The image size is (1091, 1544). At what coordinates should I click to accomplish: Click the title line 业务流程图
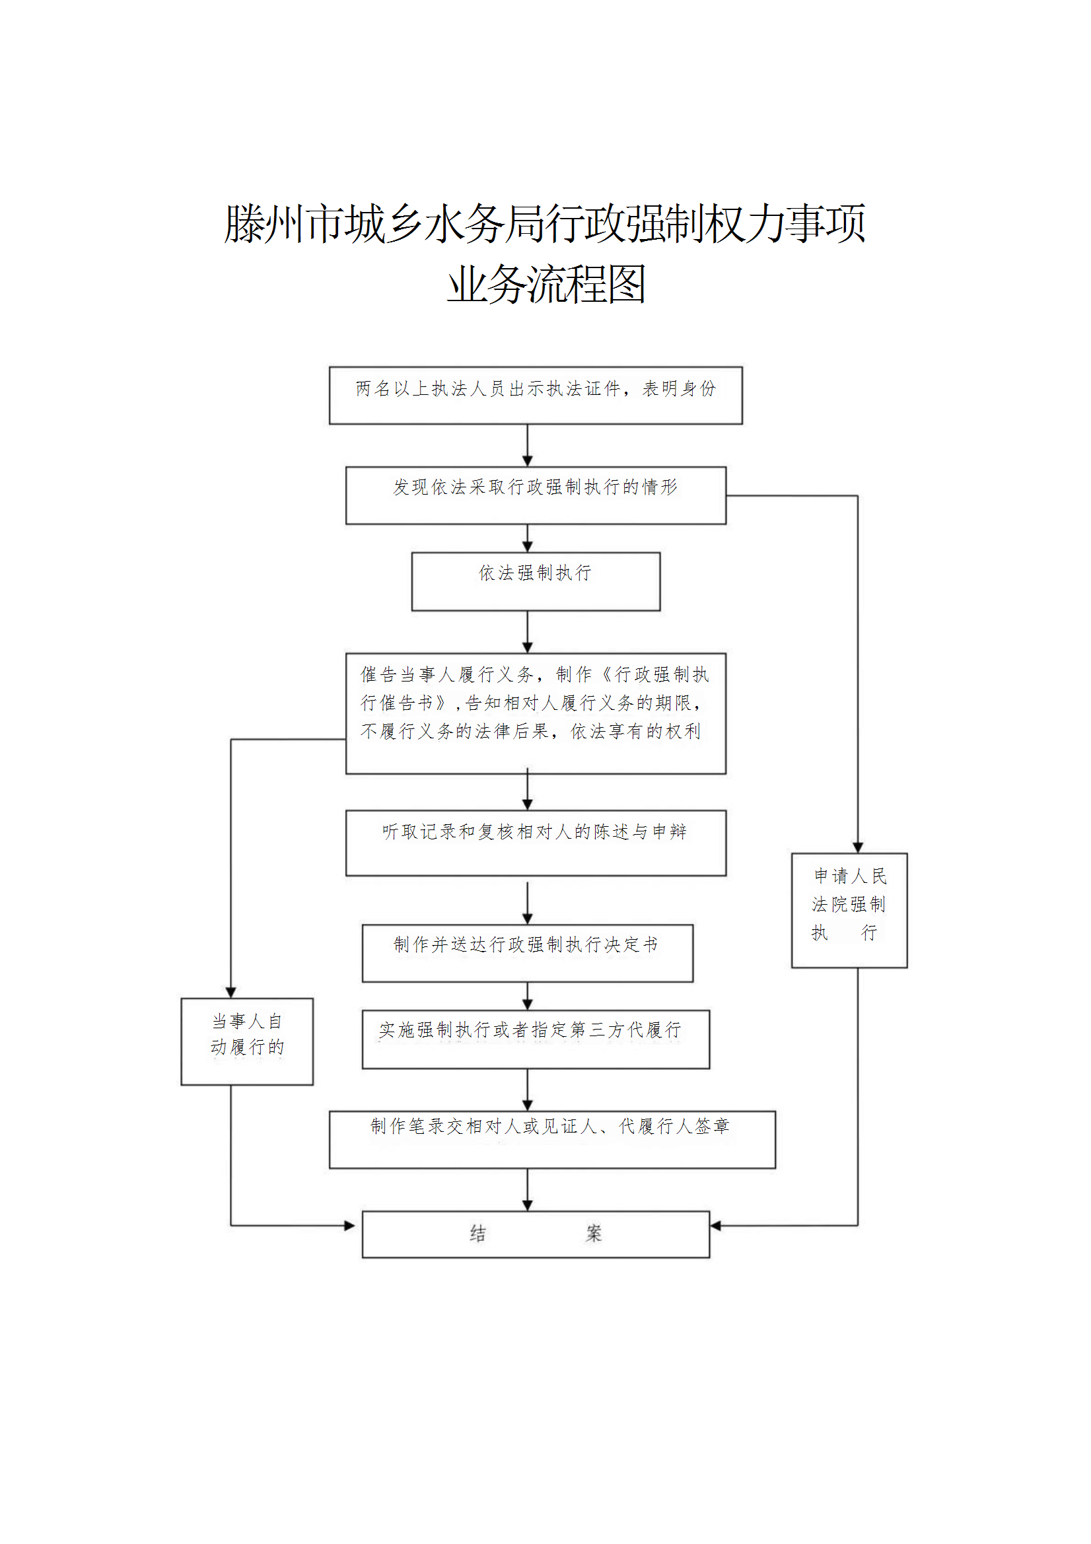click(x=545, y=285)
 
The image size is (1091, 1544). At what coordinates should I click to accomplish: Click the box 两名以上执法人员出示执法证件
click(x=536, y=396)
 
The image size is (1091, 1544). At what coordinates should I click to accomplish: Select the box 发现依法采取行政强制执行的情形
click(x=536, y=495)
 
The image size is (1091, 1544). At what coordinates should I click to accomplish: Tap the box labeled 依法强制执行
click(x=536, y=582)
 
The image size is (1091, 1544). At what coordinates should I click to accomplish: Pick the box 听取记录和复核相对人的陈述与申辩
click(x=536, y=843)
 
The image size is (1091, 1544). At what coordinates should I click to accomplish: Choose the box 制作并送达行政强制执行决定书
click(x=528, y=953)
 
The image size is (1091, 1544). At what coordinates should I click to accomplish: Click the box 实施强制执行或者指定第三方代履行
click(x=536, y=1039)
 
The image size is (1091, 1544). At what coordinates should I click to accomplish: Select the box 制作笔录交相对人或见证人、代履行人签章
click(x=551, y=1139)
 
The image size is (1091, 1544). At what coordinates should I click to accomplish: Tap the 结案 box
click(x=536, y=1234)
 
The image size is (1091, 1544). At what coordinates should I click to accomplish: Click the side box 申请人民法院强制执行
click(x=849, y=910)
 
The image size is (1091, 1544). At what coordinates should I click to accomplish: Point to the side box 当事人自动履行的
click(x=247, y=1041)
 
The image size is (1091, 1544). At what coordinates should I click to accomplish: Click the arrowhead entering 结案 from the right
click(x=716, y=1225)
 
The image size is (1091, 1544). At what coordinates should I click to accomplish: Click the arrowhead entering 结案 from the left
click(x=350, y=1225)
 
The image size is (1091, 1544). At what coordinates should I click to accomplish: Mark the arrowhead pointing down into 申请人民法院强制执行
click(x=858, y=847)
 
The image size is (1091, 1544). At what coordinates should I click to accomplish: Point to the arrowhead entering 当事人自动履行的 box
click(x=230, y=993)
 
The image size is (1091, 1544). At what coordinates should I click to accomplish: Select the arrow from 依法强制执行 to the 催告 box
click(x=528, y=632)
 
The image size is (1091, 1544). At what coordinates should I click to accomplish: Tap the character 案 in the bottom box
click(x=593, y=1234)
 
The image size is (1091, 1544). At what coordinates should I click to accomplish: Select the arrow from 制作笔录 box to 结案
click(x=528, y=1189)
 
